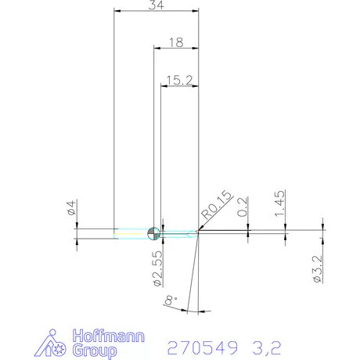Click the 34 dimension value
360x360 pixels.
[156, 5]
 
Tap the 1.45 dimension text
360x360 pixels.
[279, 203]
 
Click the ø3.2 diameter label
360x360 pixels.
[317, 268]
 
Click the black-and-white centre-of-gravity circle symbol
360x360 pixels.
[153, 232]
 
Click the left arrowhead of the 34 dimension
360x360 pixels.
[117, 12]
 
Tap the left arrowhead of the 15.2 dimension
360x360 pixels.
[164, 85]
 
